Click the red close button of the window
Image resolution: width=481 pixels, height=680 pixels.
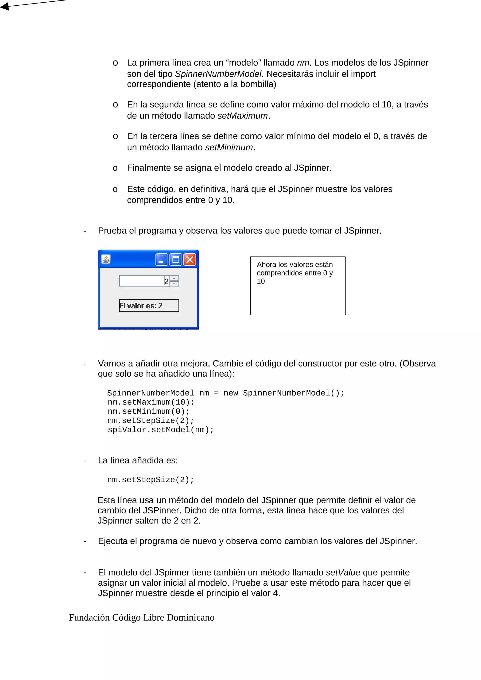tap(190, 260)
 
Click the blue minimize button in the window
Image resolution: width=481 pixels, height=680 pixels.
tap(162, 260)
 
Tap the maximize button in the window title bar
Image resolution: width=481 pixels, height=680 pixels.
tap(176, 260)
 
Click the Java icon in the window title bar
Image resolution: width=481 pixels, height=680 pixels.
tap(106, 260)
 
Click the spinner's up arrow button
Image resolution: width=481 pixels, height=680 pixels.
tap(174, 278)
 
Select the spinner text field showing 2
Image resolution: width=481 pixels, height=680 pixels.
tap(144, 281)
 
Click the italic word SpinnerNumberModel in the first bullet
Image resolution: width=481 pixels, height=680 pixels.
tap(218, 74)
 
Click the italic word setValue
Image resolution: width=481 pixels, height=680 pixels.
tap(343, 573)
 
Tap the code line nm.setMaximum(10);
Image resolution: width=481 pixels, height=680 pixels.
tap(151, 402)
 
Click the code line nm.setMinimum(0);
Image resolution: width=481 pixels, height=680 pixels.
tap(148, 411)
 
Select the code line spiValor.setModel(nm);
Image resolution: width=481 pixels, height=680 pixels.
tap(161, 430)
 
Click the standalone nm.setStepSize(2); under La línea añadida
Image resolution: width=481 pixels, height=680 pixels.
tap(151, 480)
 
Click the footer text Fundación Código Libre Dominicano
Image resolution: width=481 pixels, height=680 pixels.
tap(142, 618)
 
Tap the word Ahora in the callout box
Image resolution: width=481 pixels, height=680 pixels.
tap(266, 264)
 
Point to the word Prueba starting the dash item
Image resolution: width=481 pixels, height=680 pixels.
tap(112, 231)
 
